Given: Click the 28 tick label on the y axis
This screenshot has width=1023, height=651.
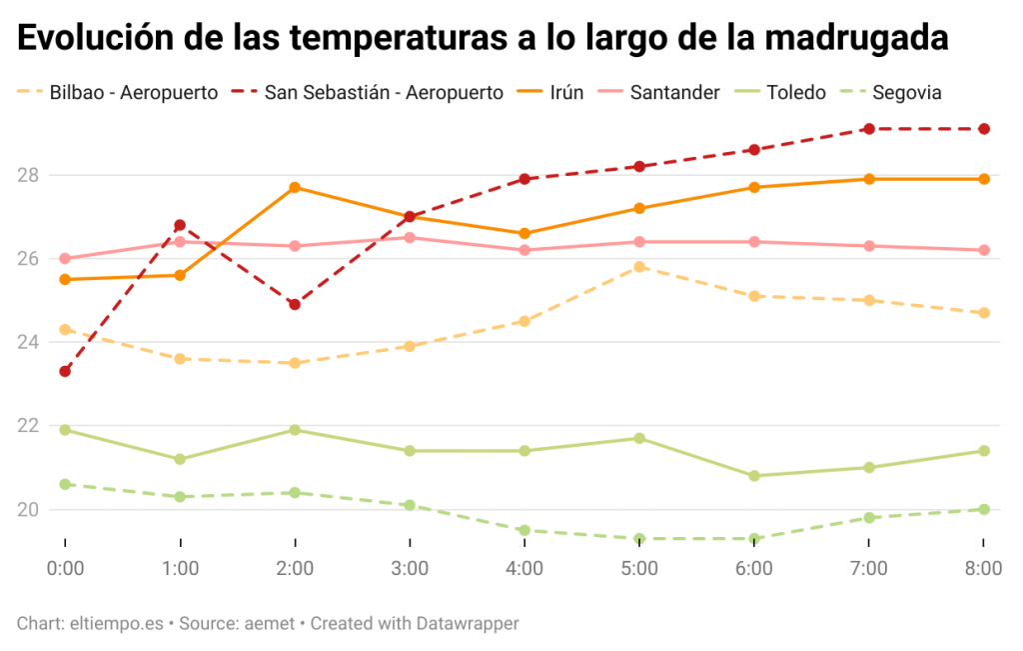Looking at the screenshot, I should [29, 175].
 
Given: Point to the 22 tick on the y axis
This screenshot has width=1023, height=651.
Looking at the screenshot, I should [29, 426].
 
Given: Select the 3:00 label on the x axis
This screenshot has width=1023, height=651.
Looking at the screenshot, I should [410, 569].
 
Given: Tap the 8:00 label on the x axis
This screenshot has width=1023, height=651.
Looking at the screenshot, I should [983, 569].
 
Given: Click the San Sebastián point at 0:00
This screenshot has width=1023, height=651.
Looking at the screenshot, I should [65, 371].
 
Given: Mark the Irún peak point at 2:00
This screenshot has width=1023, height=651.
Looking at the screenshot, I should [295, 187].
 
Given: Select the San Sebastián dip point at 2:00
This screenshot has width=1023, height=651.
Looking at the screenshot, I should [295, 304].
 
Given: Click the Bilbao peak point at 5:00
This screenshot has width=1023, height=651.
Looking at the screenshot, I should [639, 267].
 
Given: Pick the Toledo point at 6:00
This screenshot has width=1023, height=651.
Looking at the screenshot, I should [754, 476].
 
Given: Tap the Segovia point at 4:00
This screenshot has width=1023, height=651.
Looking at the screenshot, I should [524, 530].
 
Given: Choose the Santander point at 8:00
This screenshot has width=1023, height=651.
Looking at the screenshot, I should [984, 250].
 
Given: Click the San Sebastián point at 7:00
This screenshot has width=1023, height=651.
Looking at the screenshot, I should [869, 129].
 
